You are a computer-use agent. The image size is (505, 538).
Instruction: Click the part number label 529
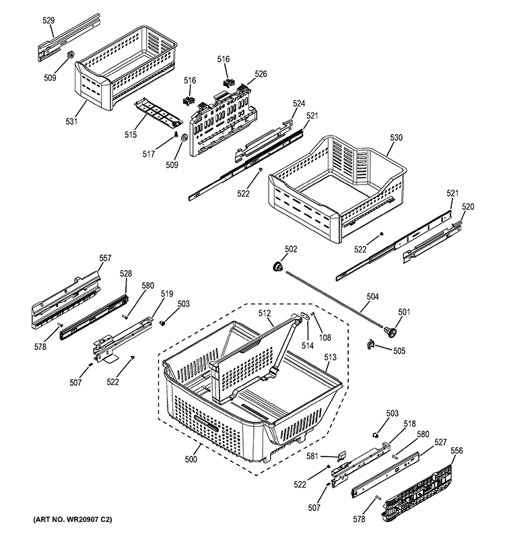(x=48, y=21)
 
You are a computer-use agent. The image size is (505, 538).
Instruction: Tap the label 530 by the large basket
(x=396, y=137)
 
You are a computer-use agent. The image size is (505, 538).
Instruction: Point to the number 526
(x=261, y=73)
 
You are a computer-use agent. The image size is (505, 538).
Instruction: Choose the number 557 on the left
(x=106, y=258)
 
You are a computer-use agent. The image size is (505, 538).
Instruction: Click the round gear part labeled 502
(x=277, y=267)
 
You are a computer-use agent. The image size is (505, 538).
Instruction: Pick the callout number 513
(x=330, y=358)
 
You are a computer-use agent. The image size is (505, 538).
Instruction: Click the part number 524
(x=299, y=104)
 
